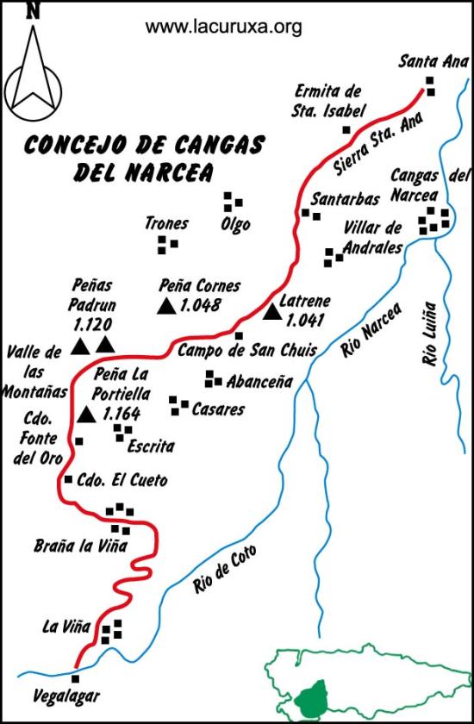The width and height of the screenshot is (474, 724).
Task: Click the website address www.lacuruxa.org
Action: (224, 27)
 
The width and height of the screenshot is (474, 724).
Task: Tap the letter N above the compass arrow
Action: (33, 9)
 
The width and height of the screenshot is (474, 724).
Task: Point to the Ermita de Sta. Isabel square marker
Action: (346, 130)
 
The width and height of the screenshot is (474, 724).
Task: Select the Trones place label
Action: (166, 224)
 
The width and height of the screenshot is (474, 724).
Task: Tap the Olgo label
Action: (235, 225)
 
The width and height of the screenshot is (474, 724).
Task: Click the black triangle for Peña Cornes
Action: (167, 304)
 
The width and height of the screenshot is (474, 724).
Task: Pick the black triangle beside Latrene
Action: (272, 312)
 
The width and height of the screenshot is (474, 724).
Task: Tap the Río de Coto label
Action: (226, 570)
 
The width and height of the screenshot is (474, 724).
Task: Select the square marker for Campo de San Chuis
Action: (239, 335)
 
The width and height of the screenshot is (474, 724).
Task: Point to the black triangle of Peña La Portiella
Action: (85, 415)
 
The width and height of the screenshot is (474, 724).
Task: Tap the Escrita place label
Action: (150, 446)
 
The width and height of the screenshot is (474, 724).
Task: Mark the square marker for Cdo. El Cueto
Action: (68, 479)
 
